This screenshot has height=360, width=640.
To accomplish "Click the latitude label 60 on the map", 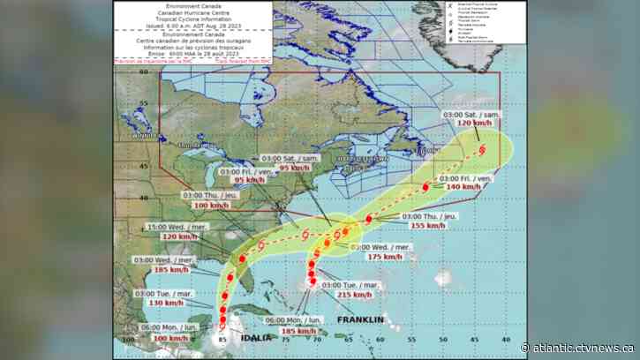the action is click(143, 75).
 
